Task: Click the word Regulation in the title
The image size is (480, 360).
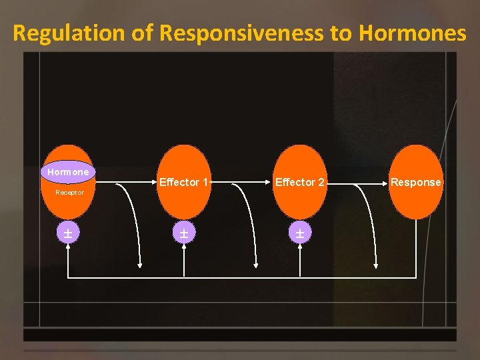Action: [x=69, y=33]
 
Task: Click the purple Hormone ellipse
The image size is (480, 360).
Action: [x=68, y=172]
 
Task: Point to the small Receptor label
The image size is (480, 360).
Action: [x=69, y=192]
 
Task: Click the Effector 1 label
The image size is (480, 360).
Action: [x=184, y=182]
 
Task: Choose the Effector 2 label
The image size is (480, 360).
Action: [x=300, y=182]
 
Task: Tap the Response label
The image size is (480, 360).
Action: [x=416, y=182]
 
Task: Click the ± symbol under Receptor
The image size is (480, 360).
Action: [x=68, y=233]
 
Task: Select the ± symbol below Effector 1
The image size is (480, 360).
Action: [x=183, y=233]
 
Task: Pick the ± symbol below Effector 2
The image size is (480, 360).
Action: [x=300, y=233]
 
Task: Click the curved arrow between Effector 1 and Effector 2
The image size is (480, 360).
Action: [x=250, y=220]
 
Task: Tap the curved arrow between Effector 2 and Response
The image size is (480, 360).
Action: [x=368, y=220]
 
